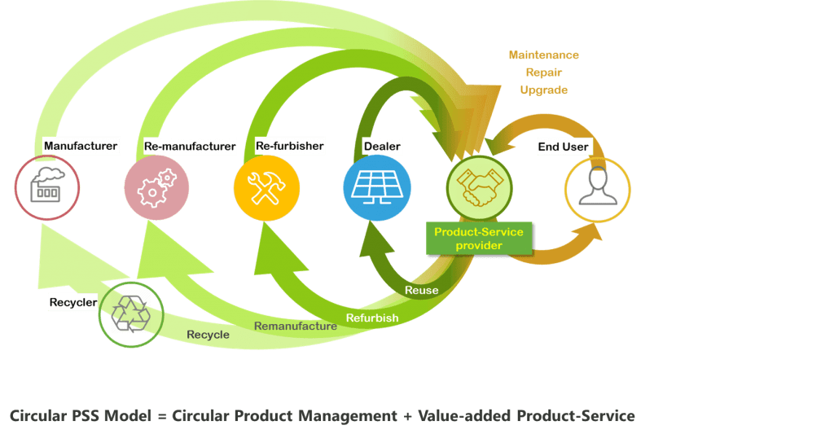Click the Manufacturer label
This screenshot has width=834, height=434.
coord(81,147)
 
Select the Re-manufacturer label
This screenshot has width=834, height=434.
coord(189,147)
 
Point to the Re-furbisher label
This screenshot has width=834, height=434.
coord(290,146)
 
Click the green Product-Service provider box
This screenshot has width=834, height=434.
coord(479,239)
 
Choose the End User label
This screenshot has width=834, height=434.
coord(563,147)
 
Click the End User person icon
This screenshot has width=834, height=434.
coord(598,189)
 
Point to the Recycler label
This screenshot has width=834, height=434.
coord(73,302)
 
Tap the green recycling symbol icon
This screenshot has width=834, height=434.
coord(130,313)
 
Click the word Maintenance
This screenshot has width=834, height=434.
coord(543,55)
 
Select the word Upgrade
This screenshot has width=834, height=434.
coord(543,90)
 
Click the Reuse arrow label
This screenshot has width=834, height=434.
coord(421,290)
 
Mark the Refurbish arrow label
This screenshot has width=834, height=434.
coord(371,317)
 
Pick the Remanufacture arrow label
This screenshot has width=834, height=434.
coord(295,327)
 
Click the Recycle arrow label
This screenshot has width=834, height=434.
coord(208,335)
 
